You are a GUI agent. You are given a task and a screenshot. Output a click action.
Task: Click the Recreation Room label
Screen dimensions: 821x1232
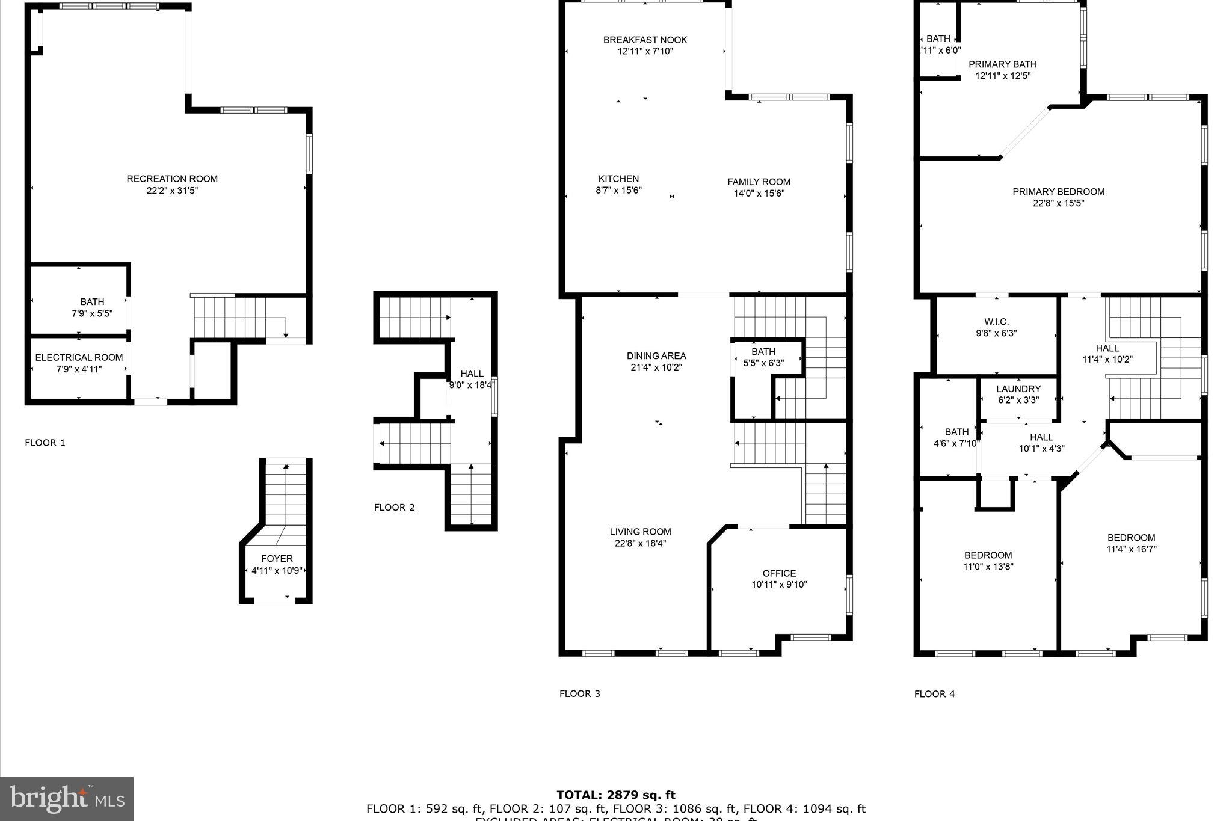[172, 179]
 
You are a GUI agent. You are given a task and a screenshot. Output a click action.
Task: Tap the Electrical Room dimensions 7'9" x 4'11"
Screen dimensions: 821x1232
[79, 369]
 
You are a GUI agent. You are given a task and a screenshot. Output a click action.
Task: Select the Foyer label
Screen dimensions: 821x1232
[277, 559]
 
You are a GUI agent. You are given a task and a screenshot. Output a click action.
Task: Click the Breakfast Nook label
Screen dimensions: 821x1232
[645, 40]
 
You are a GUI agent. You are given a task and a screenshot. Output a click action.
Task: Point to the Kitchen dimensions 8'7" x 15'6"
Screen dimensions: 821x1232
[618, 190]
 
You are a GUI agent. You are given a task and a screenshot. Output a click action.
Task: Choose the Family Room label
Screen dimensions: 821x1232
[759, 182]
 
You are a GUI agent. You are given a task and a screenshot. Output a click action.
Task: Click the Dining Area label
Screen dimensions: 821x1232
[656, 356]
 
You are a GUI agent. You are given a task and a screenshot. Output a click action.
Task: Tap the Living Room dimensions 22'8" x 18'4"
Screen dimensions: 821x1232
[640, 543]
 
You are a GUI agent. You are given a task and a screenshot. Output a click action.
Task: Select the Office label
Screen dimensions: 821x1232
[779, 573]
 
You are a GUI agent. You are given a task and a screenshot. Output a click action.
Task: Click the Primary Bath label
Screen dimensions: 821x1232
[1002, 64]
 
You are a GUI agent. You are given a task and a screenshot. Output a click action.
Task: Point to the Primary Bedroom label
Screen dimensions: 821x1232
[1058, 192]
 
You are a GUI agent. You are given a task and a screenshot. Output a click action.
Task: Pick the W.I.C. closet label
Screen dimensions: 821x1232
[996, 322]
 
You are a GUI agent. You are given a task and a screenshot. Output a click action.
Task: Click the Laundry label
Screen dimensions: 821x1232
[1018, 389]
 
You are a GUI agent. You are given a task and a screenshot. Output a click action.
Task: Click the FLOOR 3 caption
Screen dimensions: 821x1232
[579, 693]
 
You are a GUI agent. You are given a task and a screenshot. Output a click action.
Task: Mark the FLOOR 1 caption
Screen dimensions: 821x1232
[45, 443]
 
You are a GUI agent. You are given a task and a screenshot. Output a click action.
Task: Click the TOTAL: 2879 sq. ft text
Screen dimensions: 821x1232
[615, 795]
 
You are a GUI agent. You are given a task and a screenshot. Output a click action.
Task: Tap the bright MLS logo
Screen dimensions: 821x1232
[67, 799]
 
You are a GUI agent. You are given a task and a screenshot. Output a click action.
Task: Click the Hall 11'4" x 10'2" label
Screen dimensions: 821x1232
[1107, 348]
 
